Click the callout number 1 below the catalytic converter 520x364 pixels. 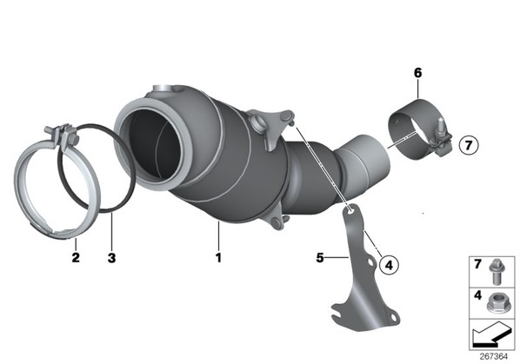click(218, 257)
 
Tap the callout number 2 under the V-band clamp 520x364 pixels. click(76, 257)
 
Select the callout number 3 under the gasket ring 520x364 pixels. click(112, 257)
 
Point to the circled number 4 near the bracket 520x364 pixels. click(389, 265)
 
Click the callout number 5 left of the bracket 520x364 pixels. click(320, 257)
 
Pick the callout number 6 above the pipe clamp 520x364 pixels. click(417, 72)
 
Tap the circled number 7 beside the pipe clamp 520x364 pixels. click(469, 145)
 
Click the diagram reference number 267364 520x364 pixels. click(494, 357)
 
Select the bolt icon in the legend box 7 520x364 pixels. click(496, 271)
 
